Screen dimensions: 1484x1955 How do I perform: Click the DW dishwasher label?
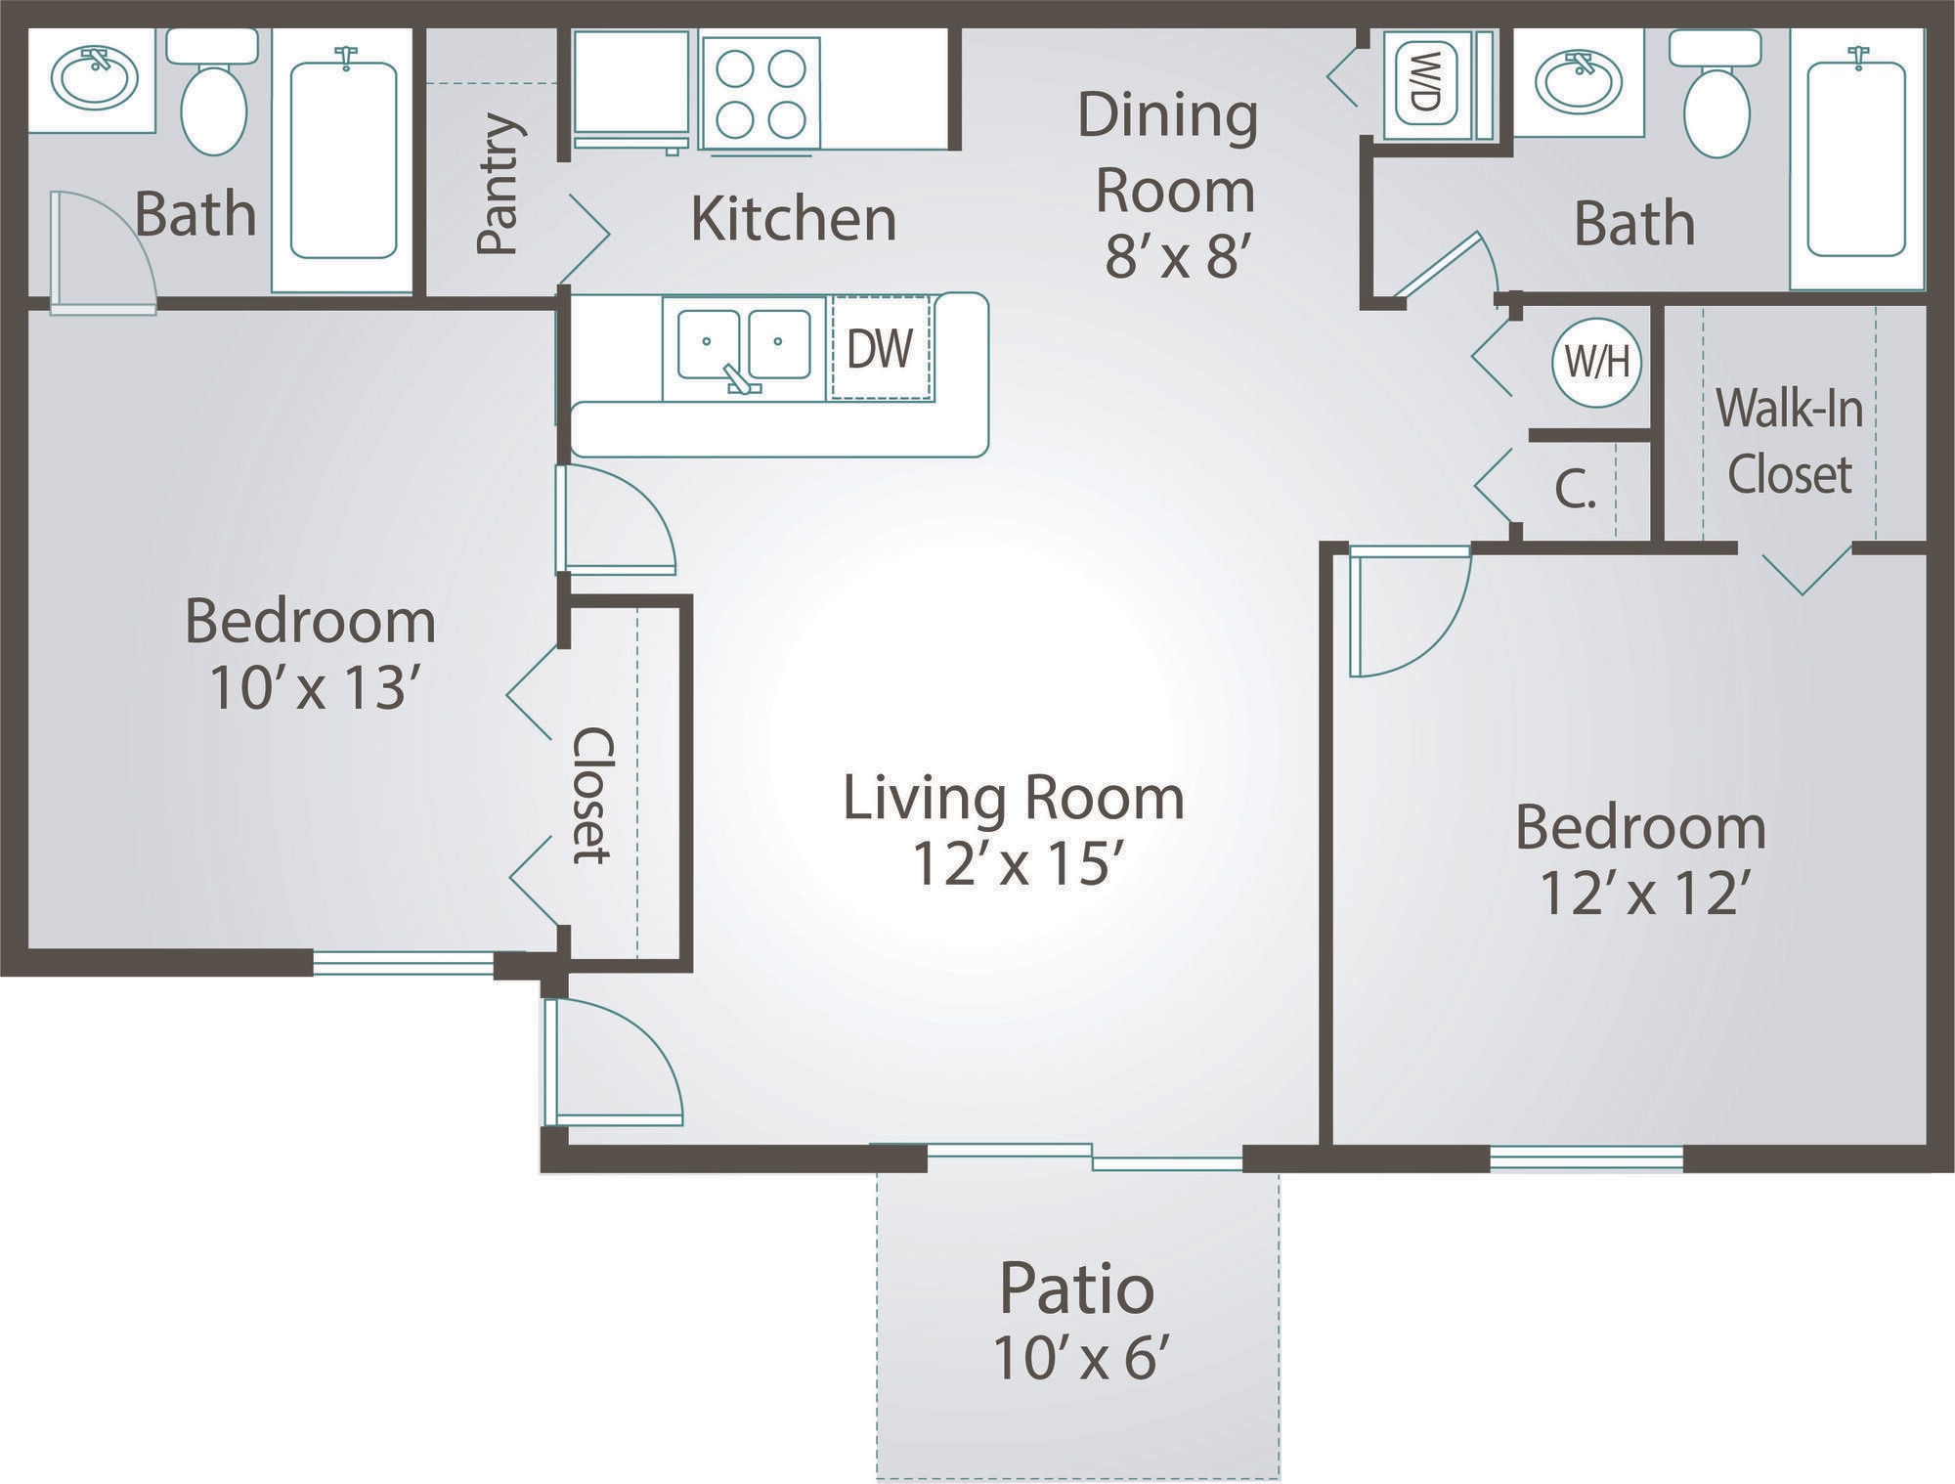click(880, 348)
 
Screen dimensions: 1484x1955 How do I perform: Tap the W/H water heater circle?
click(1596, 363)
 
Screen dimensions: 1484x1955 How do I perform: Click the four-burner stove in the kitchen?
click(760, 94)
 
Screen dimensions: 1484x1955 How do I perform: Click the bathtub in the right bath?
click(1855, 158)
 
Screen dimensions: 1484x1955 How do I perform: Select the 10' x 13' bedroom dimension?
click(308, 688)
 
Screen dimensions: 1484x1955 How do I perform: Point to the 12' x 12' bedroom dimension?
click(1642, 893)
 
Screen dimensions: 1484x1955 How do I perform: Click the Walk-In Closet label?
click(1789, 441)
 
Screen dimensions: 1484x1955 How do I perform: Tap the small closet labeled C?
click(1574, 490)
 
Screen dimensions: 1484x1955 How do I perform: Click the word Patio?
click(1076, 1288)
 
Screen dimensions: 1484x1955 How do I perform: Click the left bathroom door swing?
click(103, 252)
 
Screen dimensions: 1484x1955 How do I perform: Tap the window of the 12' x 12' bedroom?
click(1586, 1159)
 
